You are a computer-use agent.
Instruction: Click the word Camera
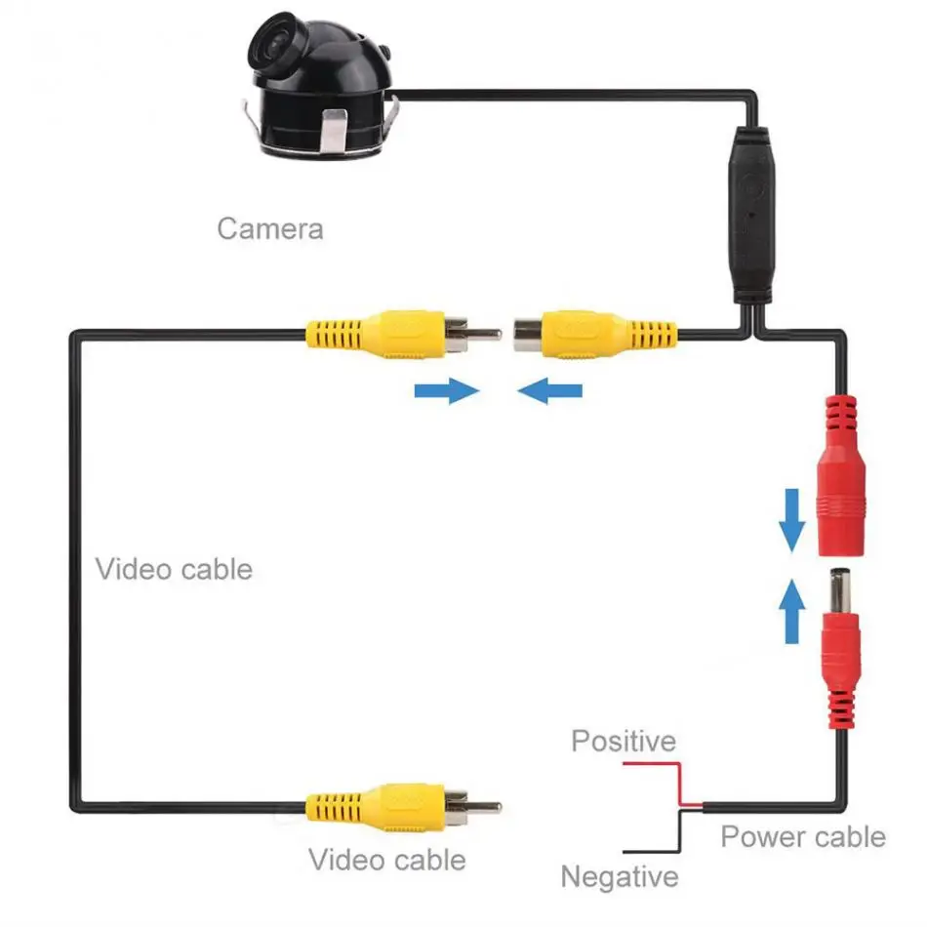click(270, 228)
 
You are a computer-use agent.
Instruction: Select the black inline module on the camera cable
click(750, 216)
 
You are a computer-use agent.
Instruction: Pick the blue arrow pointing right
click(447, 390)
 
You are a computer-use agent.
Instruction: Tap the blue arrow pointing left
click(549, 390)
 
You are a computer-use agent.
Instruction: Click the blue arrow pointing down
click(791, 520)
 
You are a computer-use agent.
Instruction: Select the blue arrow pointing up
click(791, 611)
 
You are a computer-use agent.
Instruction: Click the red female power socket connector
click(841, 476)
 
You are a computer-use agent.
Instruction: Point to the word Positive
click(624, 741)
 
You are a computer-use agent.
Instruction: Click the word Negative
click(620, 877)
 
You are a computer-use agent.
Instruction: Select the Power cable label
click(803, 837)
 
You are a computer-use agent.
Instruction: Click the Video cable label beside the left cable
click(174, 569)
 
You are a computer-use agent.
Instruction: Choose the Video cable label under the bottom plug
click(387, 860)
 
